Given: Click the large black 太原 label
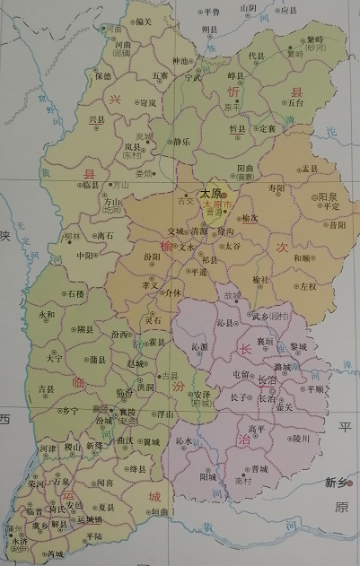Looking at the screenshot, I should click(210, 192).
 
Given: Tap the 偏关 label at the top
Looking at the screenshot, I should click(144, 22).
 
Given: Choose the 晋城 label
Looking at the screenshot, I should click(259, 468).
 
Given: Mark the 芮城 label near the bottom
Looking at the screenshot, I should click(56, 553).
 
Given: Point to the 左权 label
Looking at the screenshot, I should click(308, 286).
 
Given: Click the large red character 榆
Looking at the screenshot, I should click(166, 247).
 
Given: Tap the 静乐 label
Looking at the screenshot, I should click(180, 142).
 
